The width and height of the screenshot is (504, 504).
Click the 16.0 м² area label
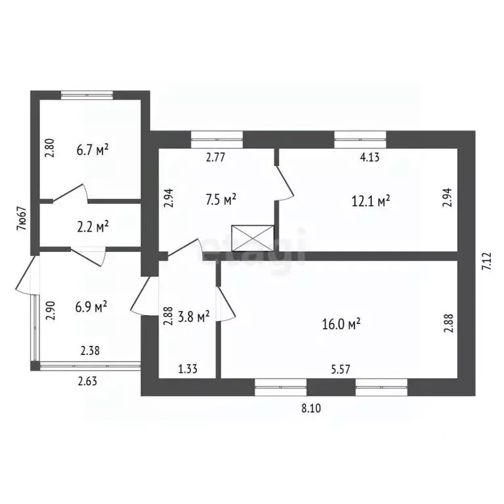pyautogui.click(x=341, y=324)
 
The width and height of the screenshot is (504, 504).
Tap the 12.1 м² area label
pyautogui.click(x=371, y=201)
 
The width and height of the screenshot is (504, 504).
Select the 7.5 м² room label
pyautogui.click(x=221, y=199)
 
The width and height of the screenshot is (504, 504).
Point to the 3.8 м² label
pyautogui.click(x=194, y=316)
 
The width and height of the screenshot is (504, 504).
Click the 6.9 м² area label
pyautogui.click(x=91, y=306)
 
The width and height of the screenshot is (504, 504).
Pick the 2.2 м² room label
pyautogui.click(x=93, y=226)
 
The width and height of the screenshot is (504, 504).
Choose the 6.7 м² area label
pyautogui.click(x=93, y=150)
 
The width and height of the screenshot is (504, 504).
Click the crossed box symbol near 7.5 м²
pyautogui.click(x=253, y=238)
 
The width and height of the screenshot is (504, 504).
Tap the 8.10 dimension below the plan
pyautogui.click(x=311, y=408)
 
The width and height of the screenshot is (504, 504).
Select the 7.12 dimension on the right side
pyautogui.click(x=487, y=262)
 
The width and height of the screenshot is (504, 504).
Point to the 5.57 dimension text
pyautogui.click(x=341, y=369)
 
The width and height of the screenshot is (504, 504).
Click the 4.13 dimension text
pyautogui.click(x=369, y=157)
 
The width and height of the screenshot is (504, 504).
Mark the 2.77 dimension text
pyautogui.click(x=216, y=157)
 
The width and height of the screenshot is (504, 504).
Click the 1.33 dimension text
pyautogui.click(x=188, y=369)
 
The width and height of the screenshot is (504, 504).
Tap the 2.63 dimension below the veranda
pyautogui.click(x=87, y=381)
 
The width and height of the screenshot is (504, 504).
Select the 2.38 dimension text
pyautogui.click(x=90, y=350)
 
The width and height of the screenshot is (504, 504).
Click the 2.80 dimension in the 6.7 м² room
pyautogui.click(x=50, y=148)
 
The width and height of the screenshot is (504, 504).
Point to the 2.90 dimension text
pyautogui.click(x=50, y=310)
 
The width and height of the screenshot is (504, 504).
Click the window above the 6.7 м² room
pyautogui.click(x=87, y=95)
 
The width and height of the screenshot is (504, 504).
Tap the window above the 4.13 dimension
pyautogui.click(x=360, y=140)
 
